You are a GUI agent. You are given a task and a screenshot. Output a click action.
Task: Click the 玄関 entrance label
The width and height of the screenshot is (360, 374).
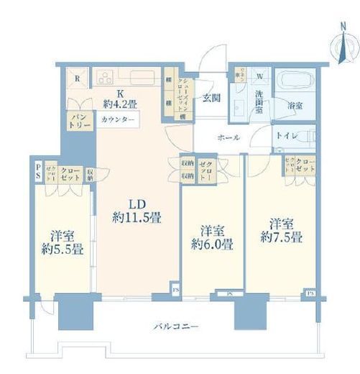point(210,99)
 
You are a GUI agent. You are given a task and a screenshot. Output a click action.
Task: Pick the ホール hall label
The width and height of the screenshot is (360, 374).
point(229,137)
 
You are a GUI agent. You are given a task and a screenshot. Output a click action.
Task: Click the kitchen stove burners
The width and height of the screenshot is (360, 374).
point(104,76)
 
